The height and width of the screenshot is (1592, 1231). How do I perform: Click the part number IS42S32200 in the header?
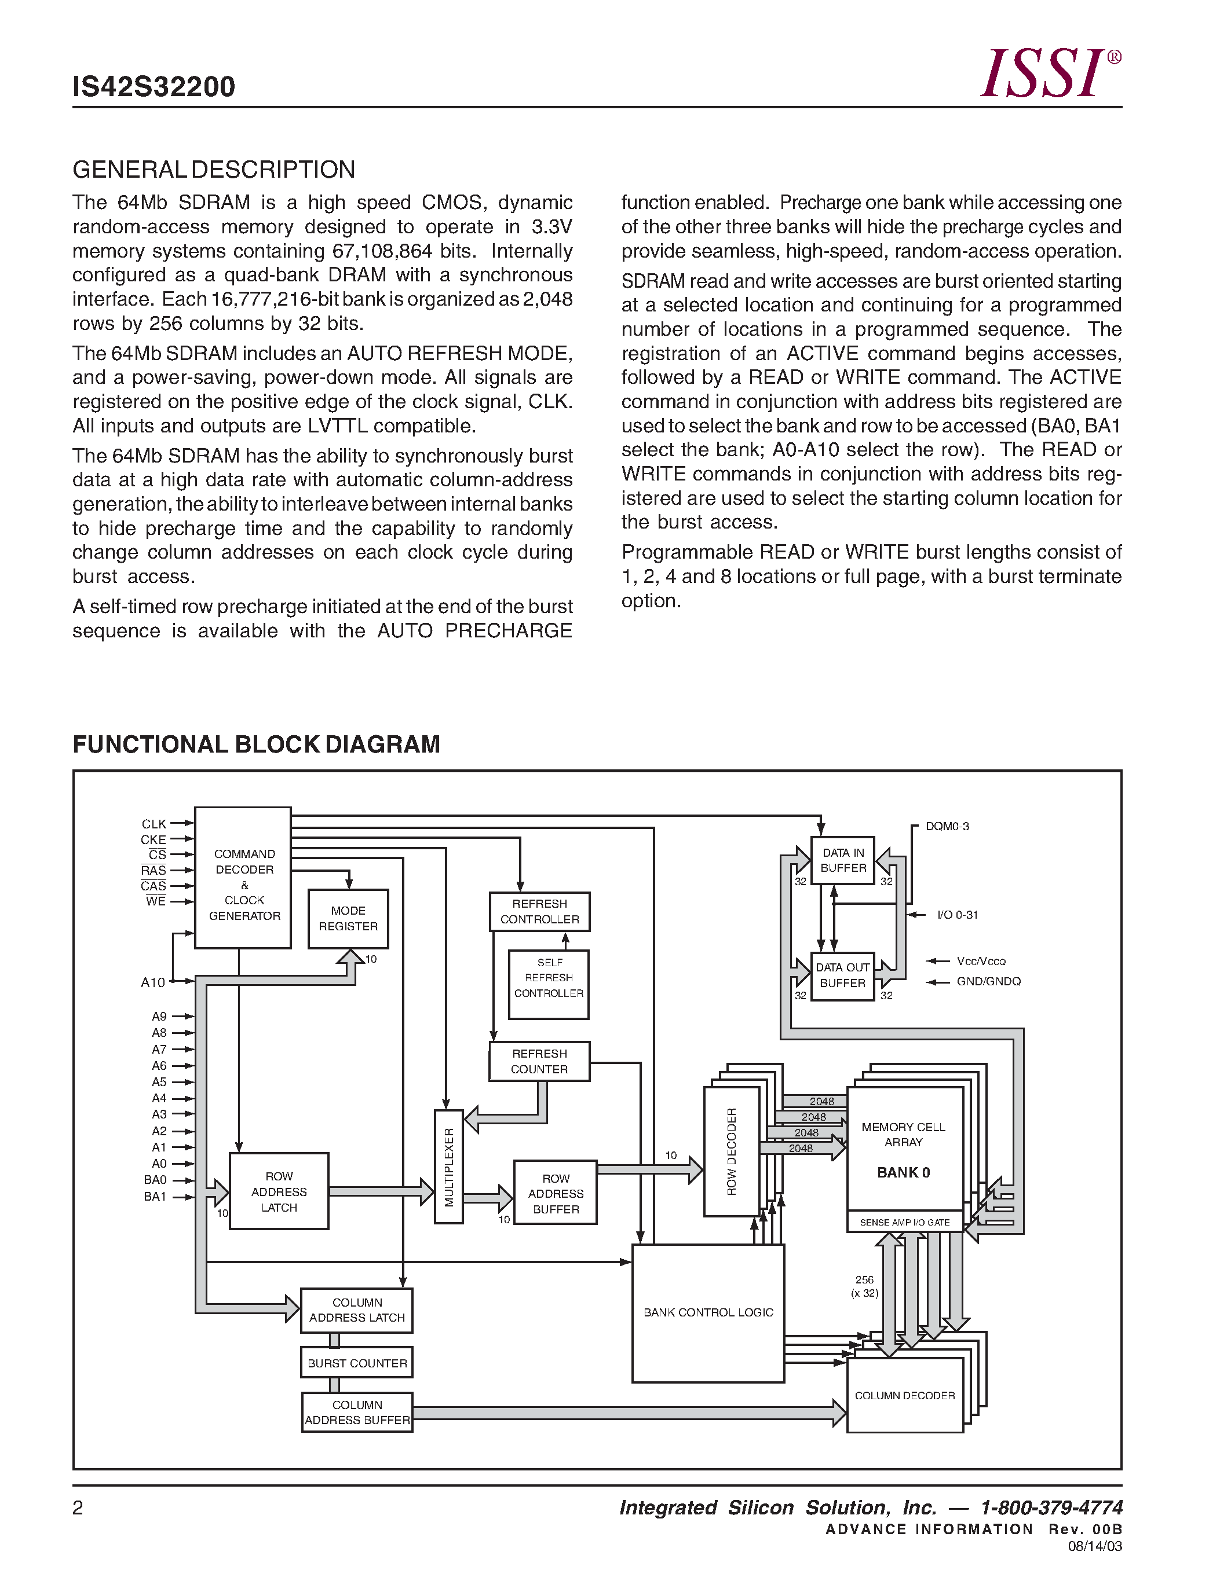pos(154,87)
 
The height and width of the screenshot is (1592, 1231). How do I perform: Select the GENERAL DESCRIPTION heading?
pos(214,170)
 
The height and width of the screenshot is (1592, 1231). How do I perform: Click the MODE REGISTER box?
pos(348,919)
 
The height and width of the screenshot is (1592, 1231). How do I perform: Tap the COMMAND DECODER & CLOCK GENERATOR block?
pos(243,878)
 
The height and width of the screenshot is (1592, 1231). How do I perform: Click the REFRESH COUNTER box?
pos(539,1061)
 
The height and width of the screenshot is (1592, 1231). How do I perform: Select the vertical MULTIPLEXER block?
pos(448,1167)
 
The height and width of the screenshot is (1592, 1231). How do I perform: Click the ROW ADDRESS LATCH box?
pos(279,1191)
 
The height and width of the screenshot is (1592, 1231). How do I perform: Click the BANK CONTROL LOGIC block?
pos(707,1312)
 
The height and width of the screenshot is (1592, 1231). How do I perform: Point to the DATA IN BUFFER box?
pos(843,860)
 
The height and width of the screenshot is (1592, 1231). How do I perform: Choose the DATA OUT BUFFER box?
pos(842,975)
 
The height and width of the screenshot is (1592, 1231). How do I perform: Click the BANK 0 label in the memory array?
pos(903,1172)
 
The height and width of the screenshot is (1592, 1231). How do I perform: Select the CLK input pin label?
pos(154,824)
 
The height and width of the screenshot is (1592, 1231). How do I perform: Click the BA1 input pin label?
pos(155,1196)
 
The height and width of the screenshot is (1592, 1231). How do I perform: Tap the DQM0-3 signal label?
pos(947,826)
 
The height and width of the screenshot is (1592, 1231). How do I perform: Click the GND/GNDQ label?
pos(988,981)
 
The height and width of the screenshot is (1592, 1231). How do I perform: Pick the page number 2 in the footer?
pos(78,1507)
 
